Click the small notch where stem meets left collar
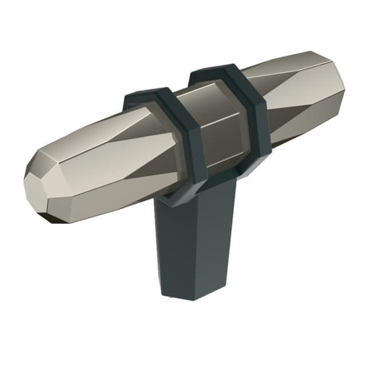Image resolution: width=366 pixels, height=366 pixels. (x=166, y=197)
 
